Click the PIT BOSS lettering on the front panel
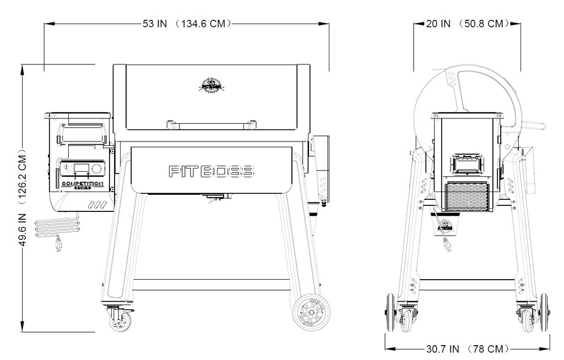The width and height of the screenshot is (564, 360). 210,171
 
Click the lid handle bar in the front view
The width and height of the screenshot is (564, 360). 210,123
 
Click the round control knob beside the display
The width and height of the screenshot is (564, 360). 97,167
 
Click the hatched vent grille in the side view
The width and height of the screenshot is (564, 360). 467,198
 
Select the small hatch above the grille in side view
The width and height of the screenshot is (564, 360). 467,163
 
